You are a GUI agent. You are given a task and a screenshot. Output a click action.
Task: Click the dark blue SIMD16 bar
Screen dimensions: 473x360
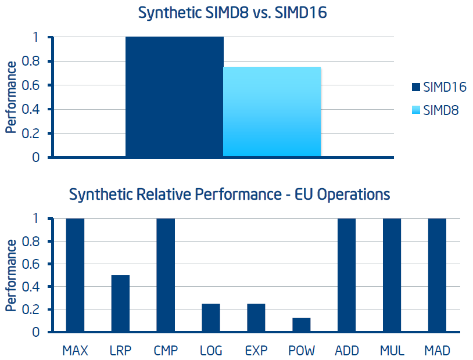174,96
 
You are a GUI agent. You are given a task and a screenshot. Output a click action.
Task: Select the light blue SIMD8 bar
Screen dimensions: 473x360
272,111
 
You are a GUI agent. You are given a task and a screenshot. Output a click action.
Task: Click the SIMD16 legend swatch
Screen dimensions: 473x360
416,87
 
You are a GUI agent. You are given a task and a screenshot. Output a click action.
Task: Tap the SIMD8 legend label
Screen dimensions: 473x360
440,110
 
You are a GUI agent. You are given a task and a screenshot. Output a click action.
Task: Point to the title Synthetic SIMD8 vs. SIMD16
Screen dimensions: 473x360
232,13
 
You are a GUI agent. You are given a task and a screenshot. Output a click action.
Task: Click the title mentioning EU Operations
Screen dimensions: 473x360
230,194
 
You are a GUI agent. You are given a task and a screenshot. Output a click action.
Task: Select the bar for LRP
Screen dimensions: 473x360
120,303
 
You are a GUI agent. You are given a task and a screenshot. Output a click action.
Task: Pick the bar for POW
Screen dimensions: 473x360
302,325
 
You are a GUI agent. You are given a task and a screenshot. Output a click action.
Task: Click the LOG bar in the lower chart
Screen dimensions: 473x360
211,318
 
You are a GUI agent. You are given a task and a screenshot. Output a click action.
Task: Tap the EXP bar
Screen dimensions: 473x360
256,318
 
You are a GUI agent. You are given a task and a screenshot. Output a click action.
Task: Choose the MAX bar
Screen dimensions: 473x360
75,275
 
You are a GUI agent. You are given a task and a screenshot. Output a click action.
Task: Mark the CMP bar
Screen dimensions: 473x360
166,275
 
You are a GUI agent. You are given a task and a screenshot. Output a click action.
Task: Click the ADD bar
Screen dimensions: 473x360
346,275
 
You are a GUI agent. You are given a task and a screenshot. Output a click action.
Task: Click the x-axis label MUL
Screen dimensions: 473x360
392,351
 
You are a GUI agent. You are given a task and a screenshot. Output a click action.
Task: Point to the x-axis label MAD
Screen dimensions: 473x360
437,351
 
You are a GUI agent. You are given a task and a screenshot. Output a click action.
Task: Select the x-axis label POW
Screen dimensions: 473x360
302,351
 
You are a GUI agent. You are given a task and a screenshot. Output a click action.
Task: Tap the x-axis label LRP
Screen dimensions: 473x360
120,351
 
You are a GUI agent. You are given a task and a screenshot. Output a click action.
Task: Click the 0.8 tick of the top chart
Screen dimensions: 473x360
30,61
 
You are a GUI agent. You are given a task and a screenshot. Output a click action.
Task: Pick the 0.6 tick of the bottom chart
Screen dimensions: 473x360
30,264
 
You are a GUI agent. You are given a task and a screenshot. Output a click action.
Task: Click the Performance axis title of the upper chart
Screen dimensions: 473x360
11,97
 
